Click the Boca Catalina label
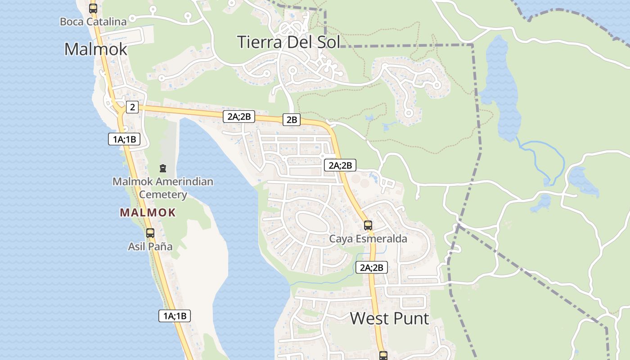pyautogui.click(x=93, y=21)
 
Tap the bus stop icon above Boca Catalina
pyautogui.click(x=93, y=8)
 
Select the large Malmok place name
pyautogui.click(x=96, y=49)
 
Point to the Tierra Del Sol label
pyautogui.click(x=288, y=42)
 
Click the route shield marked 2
pyautogui.click(x=132, y=107)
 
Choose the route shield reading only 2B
pyautogui.click(x=292, y=119)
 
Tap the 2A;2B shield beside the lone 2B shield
pyautogui.click(x=239, y=117)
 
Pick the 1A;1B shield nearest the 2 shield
pyautogui.click(x=124, y=139)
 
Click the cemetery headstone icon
pyautogui.click(x=162, y=168)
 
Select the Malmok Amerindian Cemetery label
pyautogui.click(x=163, y=188)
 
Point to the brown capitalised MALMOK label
pyautogui.click(x=148, y=213)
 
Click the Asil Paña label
pyautogui.click(x=150, y=247)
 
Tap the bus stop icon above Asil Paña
pyautogui.click(x=150, y=233)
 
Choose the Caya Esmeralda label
pyautogui.click(x=368, y=238)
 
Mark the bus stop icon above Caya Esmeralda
pyautogui.click(x=368, y=225)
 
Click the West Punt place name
pyautogui.click(x=389, y=319)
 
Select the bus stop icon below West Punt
pyautogui.click(x=383, y=355)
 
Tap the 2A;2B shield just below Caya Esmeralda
pyautogui.click(x=372, y=267)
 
